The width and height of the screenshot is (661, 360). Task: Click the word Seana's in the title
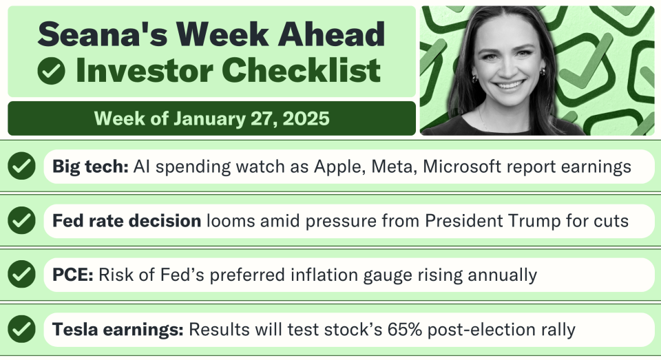point(103,34)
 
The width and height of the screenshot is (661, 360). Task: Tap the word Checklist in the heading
point(301,70)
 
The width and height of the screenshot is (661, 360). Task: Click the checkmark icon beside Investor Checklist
point(51,71)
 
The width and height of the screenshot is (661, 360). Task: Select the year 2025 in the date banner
point(306,118)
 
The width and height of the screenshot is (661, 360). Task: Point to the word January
point(209,119)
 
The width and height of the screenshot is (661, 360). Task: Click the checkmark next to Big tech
point(21,166)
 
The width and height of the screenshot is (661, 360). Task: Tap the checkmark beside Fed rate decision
point(21,220)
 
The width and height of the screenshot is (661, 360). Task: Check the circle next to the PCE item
point(21,274)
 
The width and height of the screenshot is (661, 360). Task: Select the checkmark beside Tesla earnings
point(21,329)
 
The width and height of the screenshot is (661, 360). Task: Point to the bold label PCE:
point(73,275)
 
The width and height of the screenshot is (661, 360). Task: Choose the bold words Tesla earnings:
point(118,329)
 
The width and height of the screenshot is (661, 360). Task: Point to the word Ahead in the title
point(331,34)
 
